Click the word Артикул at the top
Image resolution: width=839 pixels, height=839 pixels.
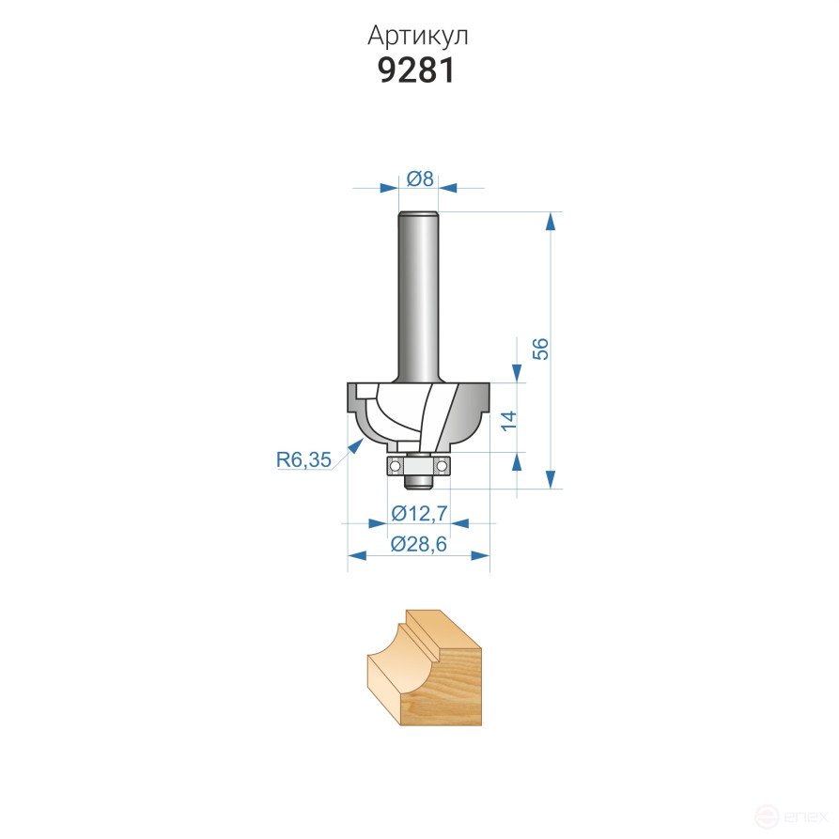(x=418, y=36)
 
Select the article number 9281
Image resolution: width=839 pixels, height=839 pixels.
(x=418, y=71)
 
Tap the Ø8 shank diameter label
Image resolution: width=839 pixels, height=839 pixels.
(x=420, y=179)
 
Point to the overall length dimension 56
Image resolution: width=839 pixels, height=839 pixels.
(x=540, y=349)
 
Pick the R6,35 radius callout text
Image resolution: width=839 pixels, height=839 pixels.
(x=303, y=459)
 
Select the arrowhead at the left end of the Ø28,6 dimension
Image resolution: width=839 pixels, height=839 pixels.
(x=356, y=555)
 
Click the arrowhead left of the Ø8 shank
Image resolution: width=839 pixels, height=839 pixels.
(x=388, y=188)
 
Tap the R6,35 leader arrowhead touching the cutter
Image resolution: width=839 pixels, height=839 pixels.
(x=357, y=445)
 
